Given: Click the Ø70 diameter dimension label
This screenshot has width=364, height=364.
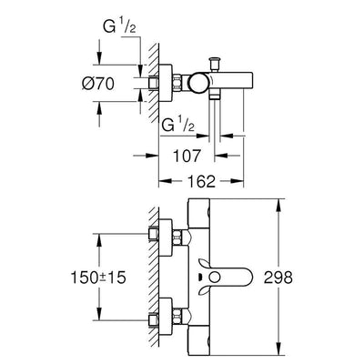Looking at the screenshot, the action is (x=98, y=84).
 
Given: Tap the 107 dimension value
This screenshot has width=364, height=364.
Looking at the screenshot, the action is (x=187, y=156).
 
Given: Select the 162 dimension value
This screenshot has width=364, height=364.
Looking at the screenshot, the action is (x=201, y=181).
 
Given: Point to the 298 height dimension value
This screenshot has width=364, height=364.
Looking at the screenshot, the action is (x=278, y=277).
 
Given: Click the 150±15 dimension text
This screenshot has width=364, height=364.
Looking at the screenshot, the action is (x=98, y=278).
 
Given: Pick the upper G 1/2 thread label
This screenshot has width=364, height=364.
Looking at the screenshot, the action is (x=119, y=26).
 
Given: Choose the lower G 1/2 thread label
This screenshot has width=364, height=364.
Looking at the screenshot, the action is (x=178, y=124).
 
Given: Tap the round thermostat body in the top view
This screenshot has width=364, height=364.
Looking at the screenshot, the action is (x=198, y=83).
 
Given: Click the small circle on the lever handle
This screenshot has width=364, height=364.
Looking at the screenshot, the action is (x=216, y=277).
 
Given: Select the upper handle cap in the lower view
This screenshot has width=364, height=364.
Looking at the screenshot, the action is (x=199, y=213).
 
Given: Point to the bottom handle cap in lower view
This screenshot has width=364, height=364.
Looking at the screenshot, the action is (x=199, y=340).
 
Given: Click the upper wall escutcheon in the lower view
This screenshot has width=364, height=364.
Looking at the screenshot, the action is (x=166, y=238).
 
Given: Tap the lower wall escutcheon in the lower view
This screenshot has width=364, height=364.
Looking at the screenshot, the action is (x=166, y=317).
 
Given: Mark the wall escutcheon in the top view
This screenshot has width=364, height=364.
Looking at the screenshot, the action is (x=166, y=83).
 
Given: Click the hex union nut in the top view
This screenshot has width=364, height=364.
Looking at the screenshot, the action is (x=177, y=83).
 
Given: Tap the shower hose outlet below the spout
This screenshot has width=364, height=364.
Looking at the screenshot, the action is (x=215, y=97).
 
